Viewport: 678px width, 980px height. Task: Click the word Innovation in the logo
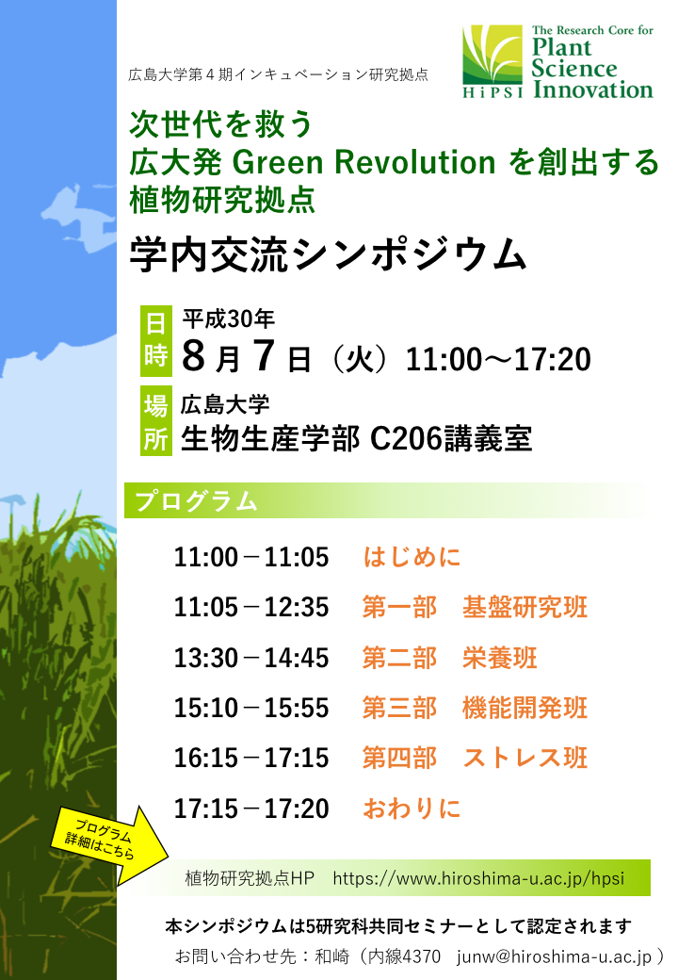click(593, 90)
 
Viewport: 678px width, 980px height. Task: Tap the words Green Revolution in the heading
click(363, 162)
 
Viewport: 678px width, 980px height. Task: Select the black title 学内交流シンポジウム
click(328, 255)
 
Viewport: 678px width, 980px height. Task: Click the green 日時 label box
click(156, 341)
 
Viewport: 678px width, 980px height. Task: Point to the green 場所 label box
click(156, 422)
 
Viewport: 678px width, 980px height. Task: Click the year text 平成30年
click(229, 318)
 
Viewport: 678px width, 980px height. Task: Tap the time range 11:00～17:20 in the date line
click(498, 359)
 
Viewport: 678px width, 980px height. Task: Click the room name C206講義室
click(451, 438)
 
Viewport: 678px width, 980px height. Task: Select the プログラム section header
click(196, 500)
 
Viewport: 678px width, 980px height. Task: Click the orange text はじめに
click(412, 557)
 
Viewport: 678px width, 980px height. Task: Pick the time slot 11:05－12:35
click(251, 607)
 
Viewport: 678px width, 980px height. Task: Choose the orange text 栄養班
click(499, 658)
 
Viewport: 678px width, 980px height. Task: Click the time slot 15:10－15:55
click(251, 708)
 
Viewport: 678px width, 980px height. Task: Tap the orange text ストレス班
click(525, 758)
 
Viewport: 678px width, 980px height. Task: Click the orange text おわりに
click(412, 808)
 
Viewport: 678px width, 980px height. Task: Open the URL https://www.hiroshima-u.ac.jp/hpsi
click(478, 878)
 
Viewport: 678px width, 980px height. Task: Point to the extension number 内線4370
click(404, 956)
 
